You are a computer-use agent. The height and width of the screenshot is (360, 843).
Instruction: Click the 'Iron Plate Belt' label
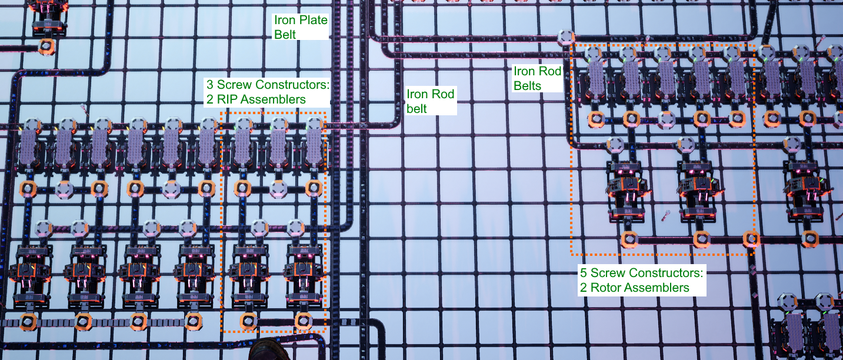tap(300, 27)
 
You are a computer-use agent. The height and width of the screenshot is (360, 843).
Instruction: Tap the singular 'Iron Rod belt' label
tap(431, 101)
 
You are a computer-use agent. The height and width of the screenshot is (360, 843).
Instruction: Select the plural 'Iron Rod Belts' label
tap(537, 78)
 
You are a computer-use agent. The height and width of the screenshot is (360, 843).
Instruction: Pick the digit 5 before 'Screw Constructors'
tap(584, 273)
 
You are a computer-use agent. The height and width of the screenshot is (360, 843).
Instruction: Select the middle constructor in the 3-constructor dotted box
tap(278, 146)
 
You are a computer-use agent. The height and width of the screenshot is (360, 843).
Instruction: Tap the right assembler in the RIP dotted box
tap(303, 271)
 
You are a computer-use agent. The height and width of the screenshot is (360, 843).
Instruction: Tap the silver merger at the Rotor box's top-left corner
tap(565, 38)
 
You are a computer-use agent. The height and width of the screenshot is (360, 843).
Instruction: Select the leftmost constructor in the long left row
tap(29, 147)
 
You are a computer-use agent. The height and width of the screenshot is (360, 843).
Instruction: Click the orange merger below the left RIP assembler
tap(248, 321)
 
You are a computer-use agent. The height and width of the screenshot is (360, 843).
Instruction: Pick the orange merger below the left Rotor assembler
tap(629, 239)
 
